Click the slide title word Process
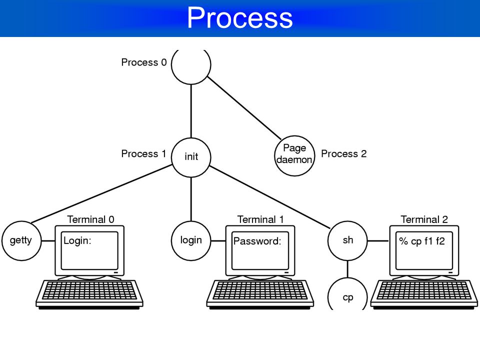pos(239,18)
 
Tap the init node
pos(191,157)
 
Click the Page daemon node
pos(294,156)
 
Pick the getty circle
pos(21,241)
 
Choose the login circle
pos(191,241)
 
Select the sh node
pos(347,241)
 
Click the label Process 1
pos(143,153)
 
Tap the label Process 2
pos(344,153)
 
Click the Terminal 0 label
pos(90,219)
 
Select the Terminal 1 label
pos(260,219)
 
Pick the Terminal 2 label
pos(424,219)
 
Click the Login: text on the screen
pos(77,241)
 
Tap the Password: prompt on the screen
pos(257,241)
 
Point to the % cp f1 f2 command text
pos(422,241)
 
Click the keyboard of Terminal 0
pos(89,293)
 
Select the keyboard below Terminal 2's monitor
pos(424,293)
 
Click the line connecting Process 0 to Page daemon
pos(244,108)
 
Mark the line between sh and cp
pos(347,269)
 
